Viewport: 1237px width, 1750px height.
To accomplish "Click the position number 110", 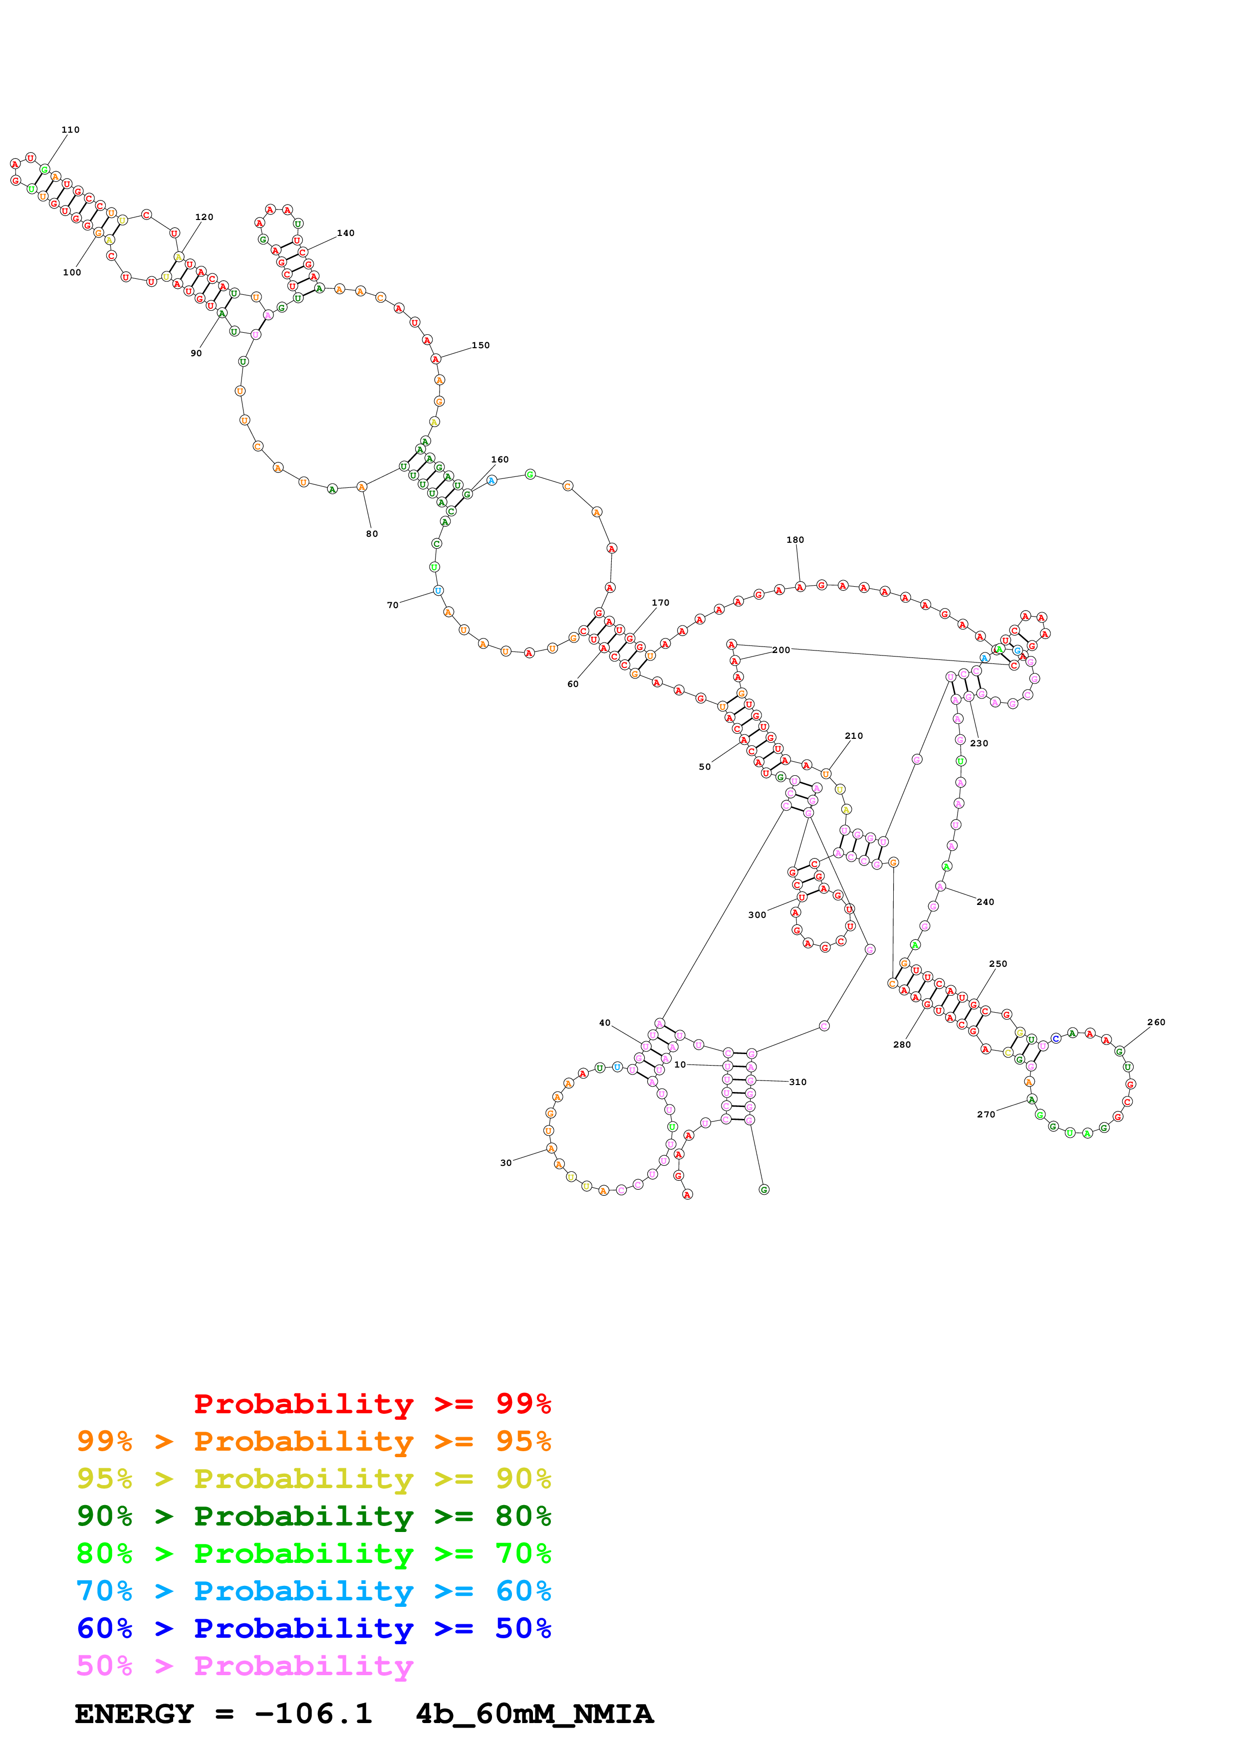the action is (70, 130).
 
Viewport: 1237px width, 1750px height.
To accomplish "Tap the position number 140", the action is (345, 233).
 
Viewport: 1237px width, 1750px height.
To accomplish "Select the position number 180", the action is (795, 540).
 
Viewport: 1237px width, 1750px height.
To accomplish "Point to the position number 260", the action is (1156, 1022).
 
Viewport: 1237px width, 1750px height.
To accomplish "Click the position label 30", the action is (505, 1163).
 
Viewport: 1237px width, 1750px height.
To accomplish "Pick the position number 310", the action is (797, 1082).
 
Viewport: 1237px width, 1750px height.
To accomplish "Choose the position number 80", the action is (371, 534).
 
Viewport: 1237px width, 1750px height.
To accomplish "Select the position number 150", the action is (480, 345).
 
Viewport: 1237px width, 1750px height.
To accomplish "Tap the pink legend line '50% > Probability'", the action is (244, 1665).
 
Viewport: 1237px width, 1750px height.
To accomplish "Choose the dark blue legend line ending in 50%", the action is (313, 1628).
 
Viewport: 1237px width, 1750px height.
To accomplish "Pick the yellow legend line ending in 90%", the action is (313, 1479).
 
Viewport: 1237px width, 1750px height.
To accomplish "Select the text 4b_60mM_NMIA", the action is (534, 1714).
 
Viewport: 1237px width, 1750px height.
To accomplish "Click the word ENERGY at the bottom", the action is (134, 1714).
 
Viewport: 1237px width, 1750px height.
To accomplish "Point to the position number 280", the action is (902, 1044).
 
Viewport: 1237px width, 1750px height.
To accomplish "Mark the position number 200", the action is (780, 650).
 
